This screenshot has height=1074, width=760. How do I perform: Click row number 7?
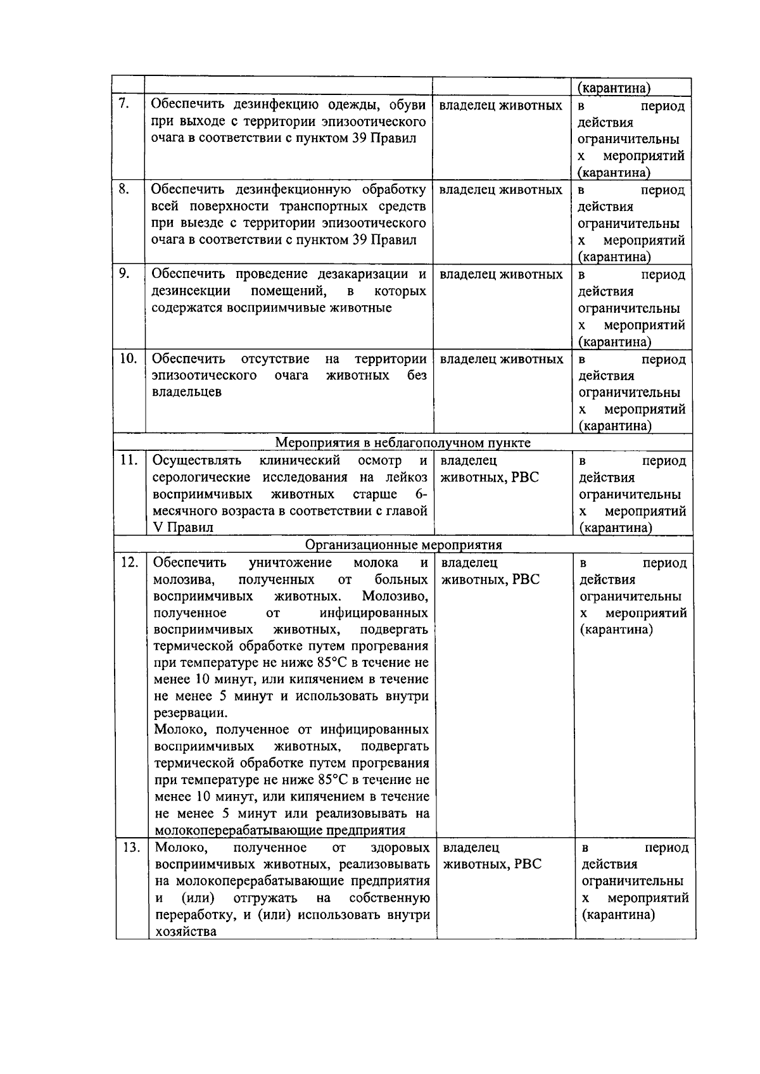point(124,104)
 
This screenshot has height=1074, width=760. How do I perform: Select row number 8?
point(124,189)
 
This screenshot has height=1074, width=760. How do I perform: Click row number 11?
point(129,460)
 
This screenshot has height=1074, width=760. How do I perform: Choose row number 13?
point(130,847)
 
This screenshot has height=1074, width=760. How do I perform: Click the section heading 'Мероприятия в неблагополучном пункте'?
point(403,443)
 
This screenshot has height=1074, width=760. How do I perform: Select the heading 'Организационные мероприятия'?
point(403,545)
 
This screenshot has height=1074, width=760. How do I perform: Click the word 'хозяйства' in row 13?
point(186,932)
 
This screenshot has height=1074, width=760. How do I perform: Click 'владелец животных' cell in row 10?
point(501,359)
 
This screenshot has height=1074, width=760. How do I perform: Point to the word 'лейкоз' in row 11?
point(407,477)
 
